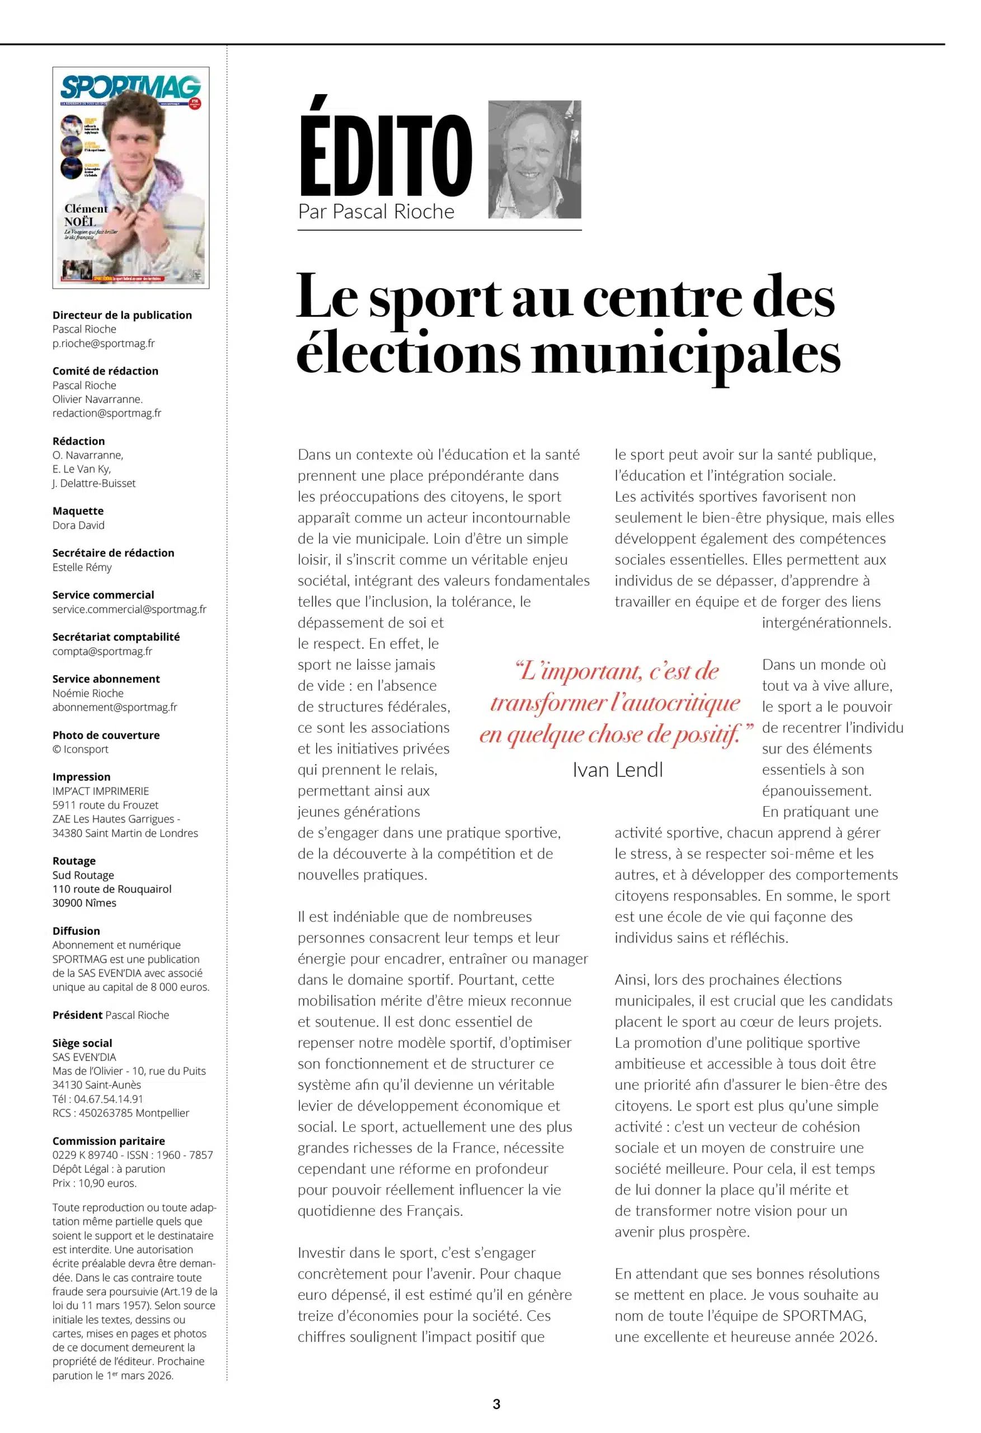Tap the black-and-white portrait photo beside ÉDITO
tap(534, 159)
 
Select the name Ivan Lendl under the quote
tap(617, 770)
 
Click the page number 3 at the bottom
tap(496, 1404)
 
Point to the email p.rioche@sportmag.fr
tap(104, 344)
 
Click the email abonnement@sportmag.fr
tap(115, 707)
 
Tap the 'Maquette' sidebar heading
tap(78, 511)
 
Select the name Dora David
tap(78, 526)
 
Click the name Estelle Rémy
tap(82, 567)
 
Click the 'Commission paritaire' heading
tap(109, 1141)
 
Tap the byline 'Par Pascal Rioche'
tap(376, 212)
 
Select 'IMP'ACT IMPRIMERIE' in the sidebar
tap(101, 791)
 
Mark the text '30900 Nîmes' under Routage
tap(85, 903)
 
